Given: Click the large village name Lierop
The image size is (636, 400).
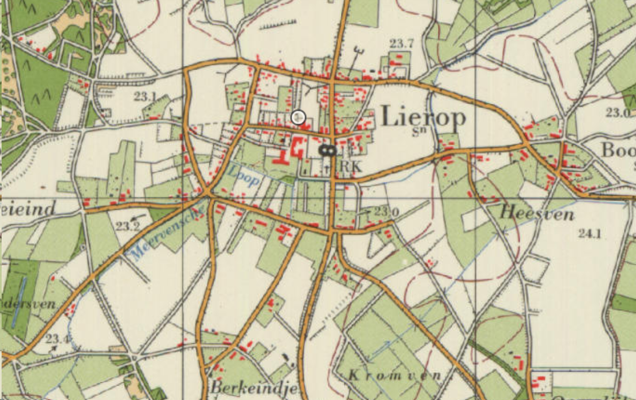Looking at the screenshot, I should [423, 118].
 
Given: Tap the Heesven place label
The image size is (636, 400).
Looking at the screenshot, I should [536, 214].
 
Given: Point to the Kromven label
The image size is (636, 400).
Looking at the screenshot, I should [395, 375].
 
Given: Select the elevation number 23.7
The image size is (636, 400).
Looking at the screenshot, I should [402, 43].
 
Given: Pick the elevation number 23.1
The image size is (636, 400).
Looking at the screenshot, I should [145, 97].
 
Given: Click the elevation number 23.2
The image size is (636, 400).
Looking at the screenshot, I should [127, 226].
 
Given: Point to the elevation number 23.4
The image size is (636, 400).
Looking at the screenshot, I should [57, 339].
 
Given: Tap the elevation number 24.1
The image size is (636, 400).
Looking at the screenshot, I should [590, 233].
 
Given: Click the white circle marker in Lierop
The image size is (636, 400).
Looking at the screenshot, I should [298, 117].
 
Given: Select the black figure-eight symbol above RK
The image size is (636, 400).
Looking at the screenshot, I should [327, 151].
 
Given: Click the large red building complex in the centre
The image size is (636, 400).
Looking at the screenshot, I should [290, 150].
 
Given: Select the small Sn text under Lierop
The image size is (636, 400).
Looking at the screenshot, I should [418, 131].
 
